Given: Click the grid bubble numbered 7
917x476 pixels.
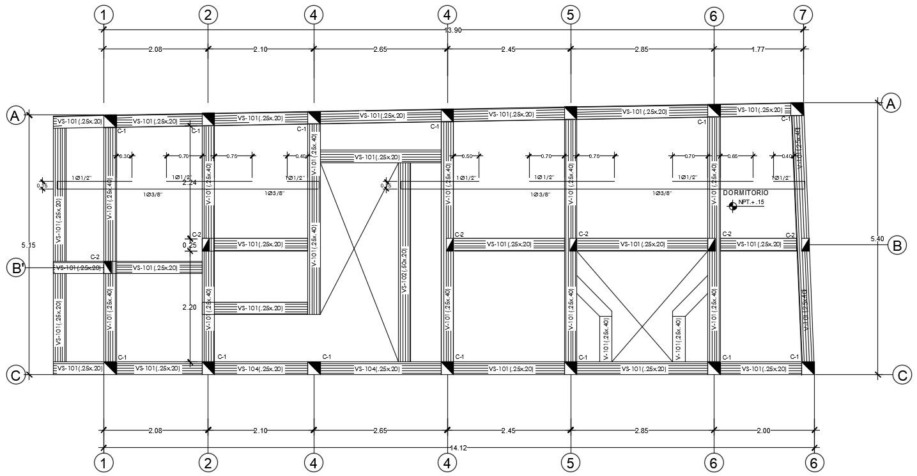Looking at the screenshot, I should pyautogui.click(x=803, y=15).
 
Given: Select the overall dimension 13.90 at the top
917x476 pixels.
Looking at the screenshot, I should pyautogui.click(x=453, y=31).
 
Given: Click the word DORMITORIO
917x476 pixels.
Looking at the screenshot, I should pyautogui.click(x=745, y=193).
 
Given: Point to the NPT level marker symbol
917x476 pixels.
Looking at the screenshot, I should pyautogui.click(x=733, y=205).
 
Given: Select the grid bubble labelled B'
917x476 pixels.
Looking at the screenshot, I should pyautogui.click(x=15, y=268).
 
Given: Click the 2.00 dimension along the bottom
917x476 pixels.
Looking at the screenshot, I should pyautogui.click(x=763, y=431).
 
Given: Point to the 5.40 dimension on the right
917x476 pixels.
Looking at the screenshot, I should pyautogui.click(x=877, y=239).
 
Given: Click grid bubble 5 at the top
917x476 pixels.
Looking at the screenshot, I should pyautogui.click(x=570, y=15).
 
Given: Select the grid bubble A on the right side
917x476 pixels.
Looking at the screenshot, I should pyautogui.click(x=891, y=102).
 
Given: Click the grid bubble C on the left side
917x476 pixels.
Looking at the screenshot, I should pyautogui.click(x=15, y=376).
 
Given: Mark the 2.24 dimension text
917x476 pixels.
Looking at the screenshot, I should pyautogui.click(x=189, y=183).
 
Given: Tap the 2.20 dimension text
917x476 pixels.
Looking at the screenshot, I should pyautogui.click(x=189, y=308).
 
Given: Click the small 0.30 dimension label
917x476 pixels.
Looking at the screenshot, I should pyautogui.click(x=125, y=156).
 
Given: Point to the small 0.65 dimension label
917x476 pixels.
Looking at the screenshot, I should pyautogui.click(x=732, y=156).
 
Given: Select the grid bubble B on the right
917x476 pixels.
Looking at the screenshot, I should pyautogui.click(x=897, y=245).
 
